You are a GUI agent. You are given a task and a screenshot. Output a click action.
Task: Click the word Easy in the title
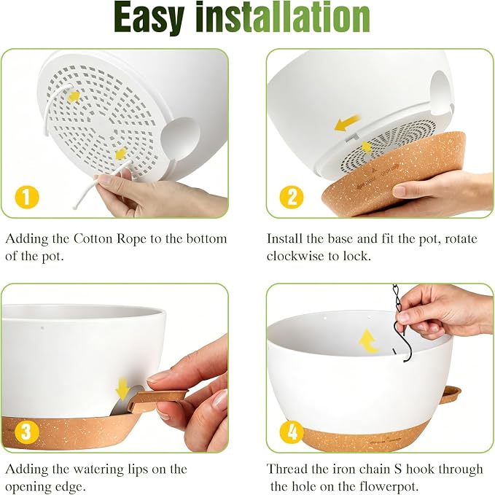click(x=149, y=17)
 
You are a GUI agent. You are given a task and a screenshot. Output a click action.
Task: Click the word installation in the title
click(x=283, y=17)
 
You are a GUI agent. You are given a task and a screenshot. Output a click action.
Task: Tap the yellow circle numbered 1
click(x=27, y=198)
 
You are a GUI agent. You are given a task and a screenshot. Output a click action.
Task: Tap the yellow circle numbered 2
click(x=292, y=198)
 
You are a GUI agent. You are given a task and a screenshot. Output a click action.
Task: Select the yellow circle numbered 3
click(x=27, y=432)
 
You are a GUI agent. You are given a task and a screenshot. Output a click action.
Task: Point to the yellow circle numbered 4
click(x=292, y=432)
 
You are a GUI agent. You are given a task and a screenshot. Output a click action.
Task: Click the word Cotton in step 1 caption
click(x=93, y=238)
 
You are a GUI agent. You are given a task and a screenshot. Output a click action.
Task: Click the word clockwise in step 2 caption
click(x=295, y=256)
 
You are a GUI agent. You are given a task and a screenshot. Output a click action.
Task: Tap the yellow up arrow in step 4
click(x=368, y=341)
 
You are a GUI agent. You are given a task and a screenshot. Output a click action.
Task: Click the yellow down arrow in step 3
click(x=122, y=389)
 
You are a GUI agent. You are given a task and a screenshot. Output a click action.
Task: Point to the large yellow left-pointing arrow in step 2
click(x=347, y=122)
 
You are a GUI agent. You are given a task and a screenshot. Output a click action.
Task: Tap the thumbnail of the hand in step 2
click(x=399, y=191)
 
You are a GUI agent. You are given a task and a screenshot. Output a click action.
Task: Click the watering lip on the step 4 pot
click(x=451, y=394)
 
